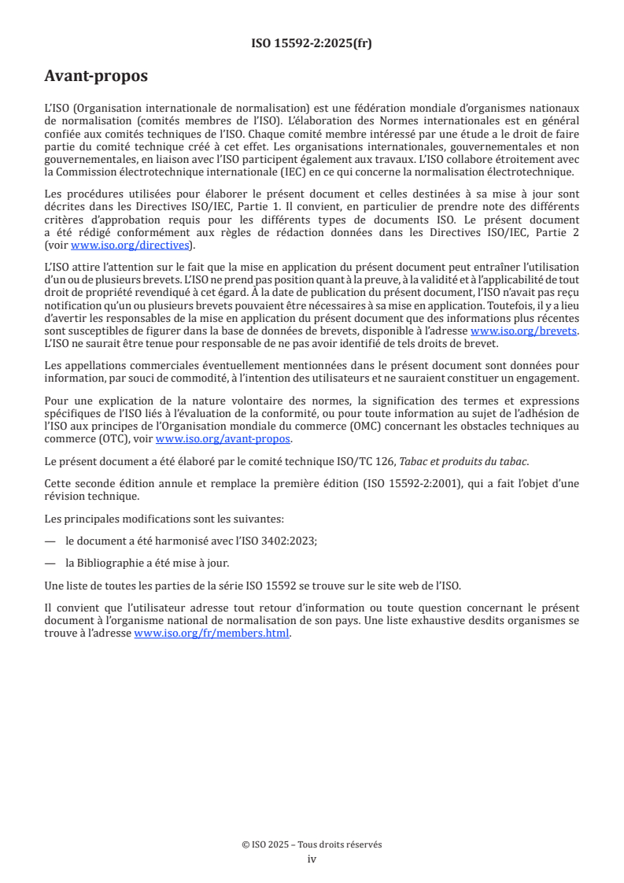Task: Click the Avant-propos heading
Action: (x=96, y=76)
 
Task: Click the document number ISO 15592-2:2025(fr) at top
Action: (x=312, y=44)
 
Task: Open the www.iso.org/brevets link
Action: (x=523, y=331)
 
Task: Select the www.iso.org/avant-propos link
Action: (x=223, y=438)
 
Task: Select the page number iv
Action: (x=312, y=859)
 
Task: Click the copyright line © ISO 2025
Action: (x=312, y=844)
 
